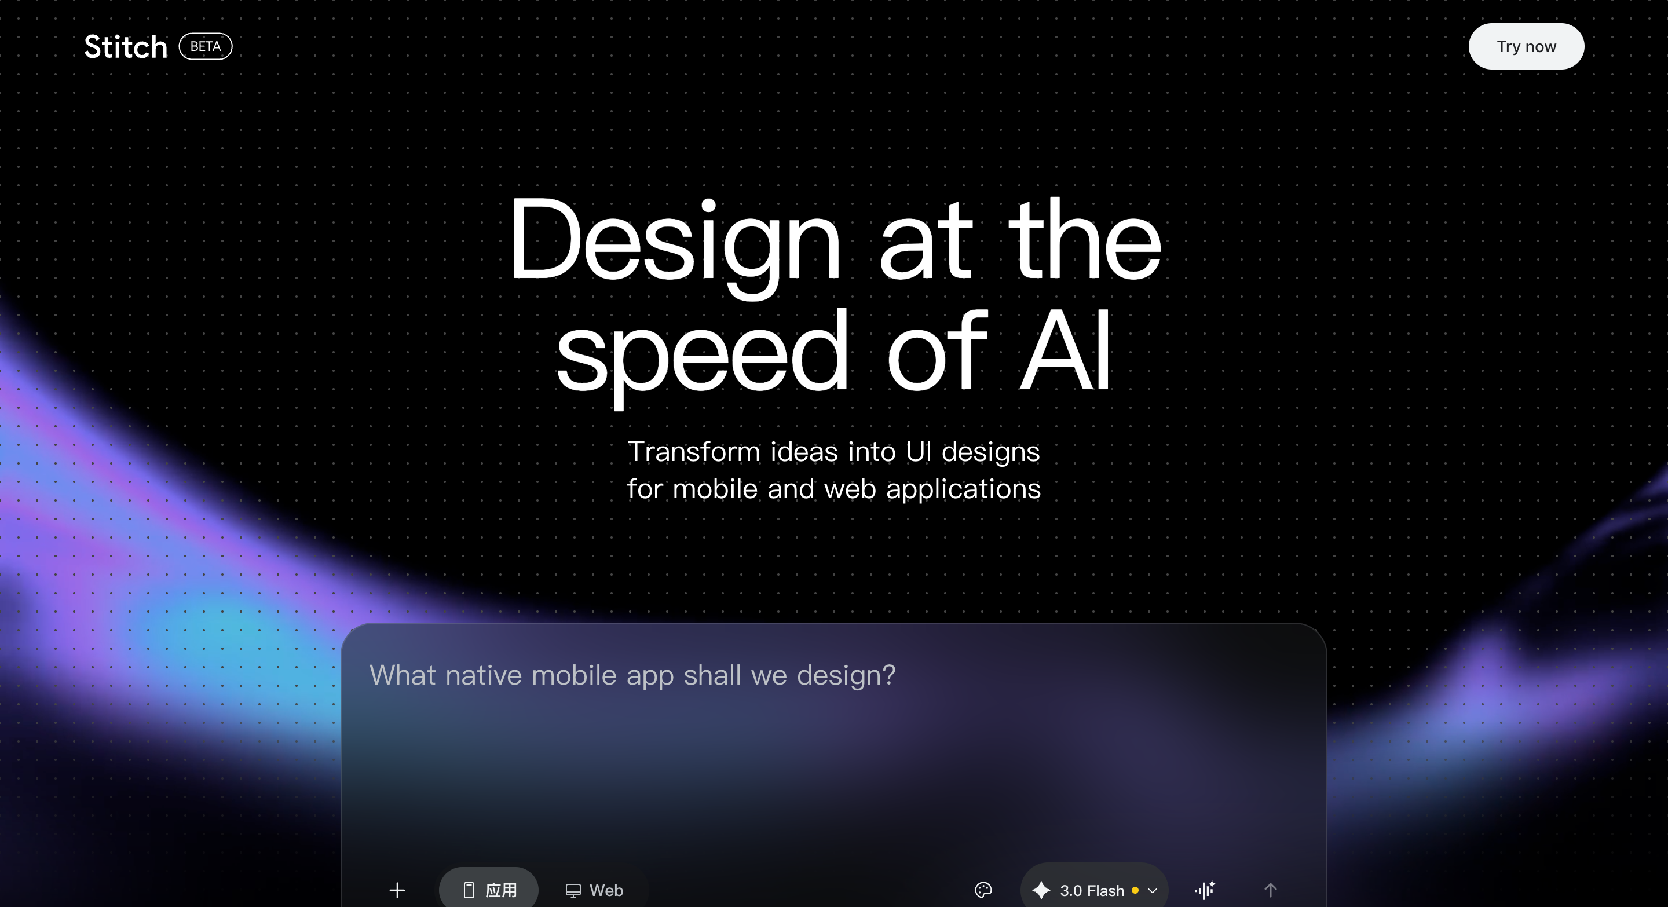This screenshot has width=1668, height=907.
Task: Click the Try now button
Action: coord(1526,46)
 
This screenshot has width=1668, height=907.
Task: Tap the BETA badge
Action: coord(205,46)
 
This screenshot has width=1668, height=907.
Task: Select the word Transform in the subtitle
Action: coord(694,452)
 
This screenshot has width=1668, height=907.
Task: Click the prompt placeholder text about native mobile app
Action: coord(632,676)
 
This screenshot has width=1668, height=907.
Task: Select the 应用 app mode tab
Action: coord(489,890)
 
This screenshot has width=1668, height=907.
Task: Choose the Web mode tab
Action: coord(594,890)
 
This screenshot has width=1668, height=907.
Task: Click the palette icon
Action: coord(983,890)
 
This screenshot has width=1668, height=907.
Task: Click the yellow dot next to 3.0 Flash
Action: coord(1135,890)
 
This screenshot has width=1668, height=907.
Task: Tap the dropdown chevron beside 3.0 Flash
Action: coord(1153,891)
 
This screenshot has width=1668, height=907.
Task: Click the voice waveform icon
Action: coord(1205,890)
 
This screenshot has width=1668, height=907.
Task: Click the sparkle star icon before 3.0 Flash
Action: coord(1041,890)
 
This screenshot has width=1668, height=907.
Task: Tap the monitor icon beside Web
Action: coord(573,891)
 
